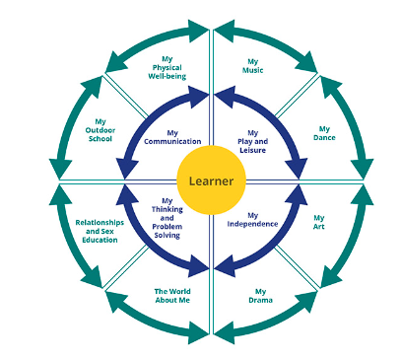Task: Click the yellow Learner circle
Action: (211, 180)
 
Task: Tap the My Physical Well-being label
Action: (167, 68)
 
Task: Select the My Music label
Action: (253, 66)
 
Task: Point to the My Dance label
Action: (324, 133)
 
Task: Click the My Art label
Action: (319, 222)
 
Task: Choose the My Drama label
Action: (260, 296)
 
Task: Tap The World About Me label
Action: (172, 296)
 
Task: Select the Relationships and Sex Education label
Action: (100, 231)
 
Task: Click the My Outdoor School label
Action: (100, 130)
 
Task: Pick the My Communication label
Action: (172, 137)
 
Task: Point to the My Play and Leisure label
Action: (252, 142)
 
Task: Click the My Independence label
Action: (252, 220)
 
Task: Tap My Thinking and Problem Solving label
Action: (167, 218)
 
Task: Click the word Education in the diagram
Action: (100, 240)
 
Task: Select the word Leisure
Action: (252, 150)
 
